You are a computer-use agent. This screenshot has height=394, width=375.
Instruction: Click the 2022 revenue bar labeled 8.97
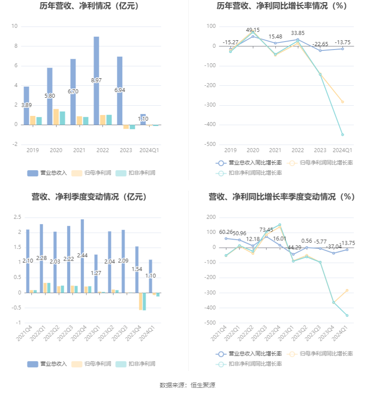coord(96,80)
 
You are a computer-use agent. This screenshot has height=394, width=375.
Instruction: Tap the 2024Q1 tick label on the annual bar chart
coord(149,150)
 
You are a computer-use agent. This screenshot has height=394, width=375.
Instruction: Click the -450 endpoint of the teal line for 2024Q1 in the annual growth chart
coord(342,134)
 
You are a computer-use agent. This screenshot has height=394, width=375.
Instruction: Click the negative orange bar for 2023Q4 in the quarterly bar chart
coord(141,301)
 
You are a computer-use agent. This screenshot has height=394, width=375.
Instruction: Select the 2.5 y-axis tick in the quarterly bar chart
coord(18,217)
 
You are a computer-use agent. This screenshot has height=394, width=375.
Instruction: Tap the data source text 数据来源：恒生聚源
coord(187,385)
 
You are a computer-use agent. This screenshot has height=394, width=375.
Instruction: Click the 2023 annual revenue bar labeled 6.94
coord(120,90)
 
